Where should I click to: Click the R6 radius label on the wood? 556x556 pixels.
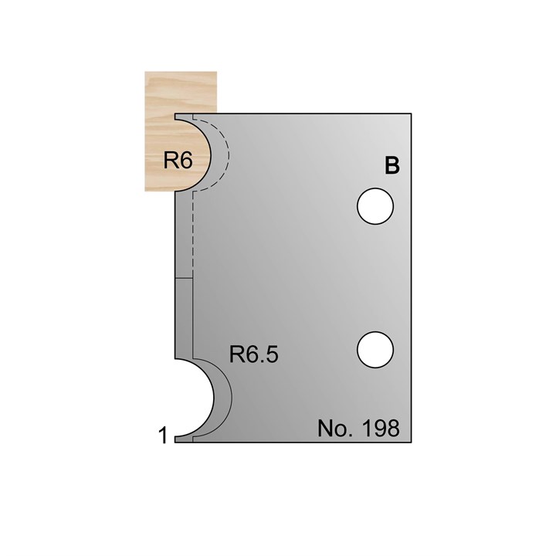coord(177,161)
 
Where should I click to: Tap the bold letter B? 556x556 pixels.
coord(392,167)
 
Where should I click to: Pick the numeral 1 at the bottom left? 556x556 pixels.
coord(163,436)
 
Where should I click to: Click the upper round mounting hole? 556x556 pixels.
coord(375,207)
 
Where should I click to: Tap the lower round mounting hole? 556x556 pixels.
coord(375,349)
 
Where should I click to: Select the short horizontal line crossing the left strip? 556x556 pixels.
coord(184,277)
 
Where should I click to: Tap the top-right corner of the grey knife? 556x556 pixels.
coord(413,111)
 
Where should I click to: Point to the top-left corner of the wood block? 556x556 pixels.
coord(145,71)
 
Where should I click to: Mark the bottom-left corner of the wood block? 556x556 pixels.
coord(145,193)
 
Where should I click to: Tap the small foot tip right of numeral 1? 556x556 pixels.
coord(177,439)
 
